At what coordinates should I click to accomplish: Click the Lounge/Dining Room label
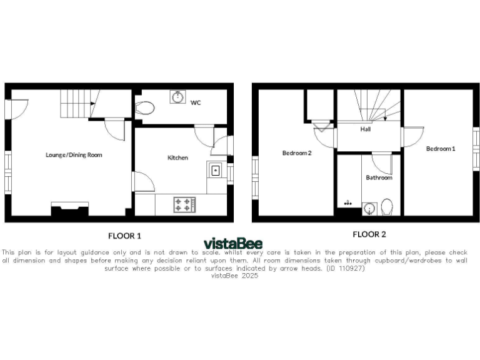pos(74,154)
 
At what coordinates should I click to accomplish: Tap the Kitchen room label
pos(177,157)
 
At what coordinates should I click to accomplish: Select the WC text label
pos(196,102)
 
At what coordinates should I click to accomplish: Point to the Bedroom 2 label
pos(297,152)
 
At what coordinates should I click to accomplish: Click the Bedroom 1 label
pos(441,148)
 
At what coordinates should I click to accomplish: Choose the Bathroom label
pos(379,177)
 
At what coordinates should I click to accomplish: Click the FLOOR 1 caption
pos(124,236)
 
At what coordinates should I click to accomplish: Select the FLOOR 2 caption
pos(369,235)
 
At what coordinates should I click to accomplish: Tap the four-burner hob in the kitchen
pos(184,204)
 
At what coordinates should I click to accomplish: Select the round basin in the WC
pos(177,97)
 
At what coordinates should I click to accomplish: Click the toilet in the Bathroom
pos(387,207)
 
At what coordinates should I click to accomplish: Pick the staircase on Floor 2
pos(370,104)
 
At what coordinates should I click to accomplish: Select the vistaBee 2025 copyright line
pos(234,276)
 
